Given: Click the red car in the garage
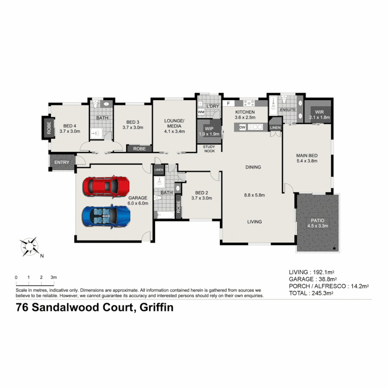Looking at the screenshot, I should tap(106, 186).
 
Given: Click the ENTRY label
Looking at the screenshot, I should tap(62, 162).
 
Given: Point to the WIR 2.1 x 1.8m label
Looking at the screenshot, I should tap(319, 115).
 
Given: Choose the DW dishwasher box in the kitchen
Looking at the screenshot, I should tap(242, 127).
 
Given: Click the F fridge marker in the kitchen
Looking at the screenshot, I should tap(228, 103).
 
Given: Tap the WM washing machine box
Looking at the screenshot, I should tap(201, 112).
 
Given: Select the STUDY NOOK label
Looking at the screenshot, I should tap(209, 149).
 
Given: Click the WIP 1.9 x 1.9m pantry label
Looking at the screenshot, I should tap(209, 131).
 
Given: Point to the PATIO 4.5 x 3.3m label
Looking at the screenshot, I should tap(318, 223).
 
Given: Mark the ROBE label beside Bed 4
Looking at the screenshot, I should tap(48, 128).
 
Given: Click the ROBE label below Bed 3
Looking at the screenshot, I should tap(139, 148).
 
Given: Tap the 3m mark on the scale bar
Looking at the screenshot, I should tap(54, 278).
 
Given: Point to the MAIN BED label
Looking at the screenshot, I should tap(306, 158).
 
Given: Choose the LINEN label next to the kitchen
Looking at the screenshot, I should tap(275, 128).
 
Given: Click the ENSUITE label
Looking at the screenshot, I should tap(288, 110).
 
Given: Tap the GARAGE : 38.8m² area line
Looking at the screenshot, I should tap(313, 279).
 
